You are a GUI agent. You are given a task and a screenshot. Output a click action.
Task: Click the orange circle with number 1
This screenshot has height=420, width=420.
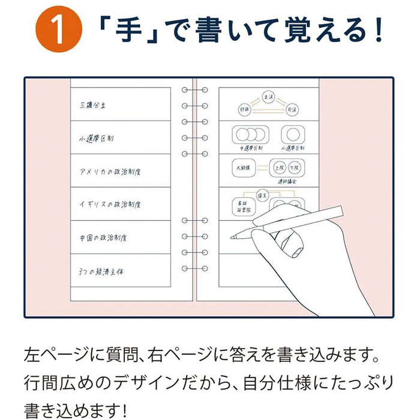click(x=58, y=33)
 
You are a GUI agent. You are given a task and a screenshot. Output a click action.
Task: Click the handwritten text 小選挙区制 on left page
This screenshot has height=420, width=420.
click(x=97, y=139)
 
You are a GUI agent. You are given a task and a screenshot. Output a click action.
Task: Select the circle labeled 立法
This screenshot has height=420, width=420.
click(x=268, y=96)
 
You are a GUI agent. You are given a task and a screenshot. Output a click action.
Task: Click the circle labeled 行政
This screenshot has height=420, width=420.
click(x=244, y=110)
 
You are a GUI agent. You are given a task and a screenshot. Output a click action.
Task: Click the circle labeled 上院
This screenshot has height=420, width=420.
click(x=278, y=167)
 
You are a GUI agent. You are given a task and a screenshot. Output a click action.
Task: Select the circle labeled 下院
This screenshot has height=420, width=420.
click(x=293, y=167)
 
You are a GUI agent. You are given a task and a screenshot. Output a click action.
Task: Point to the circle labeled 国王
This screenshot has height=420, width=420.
click(x=262, y=196)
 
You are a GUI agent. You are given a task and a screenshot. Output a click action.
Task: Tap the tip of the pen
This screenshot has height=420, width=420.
click(x=232, y=238)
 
